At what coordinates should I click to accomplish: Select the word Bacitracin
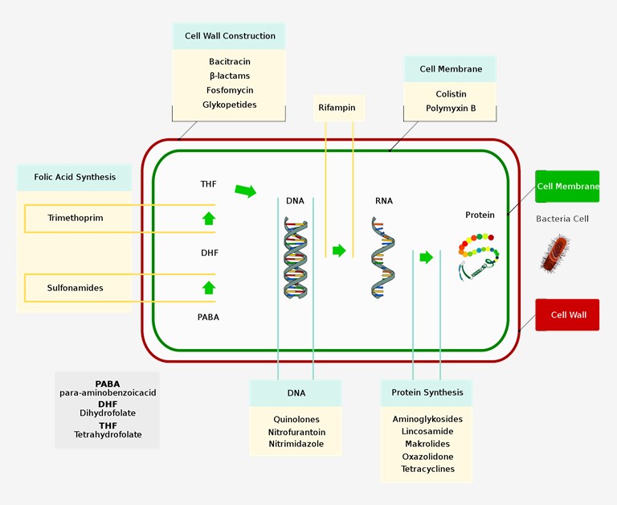(x=229, y=62)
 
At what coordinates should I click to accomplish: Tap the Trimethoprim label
(x=76, y=218)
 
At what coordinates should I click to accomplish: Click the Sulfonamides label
(x=76, y=288)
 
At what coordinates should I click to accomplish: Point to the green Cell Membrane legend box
(x=567, y=187)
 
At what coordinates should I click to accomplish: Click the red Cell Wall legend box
(x=567, y=315)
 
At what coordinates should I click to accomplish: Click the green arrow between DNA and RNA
(x=339, y=250)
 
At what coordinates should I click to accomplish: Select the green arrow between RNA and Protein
(x=427, y=257)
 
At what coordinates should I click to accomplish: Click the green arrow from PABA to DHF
(x=209, y=287)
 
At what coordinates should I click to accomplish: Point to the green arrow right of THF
(x=245, y=191)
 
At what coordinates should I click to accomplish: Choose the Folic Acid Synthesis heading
(x=75, y=177)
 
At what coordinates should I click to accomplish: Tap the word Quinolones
(x=296, y=419)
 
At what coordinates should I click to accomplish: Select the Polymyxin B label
(x=451, y=108)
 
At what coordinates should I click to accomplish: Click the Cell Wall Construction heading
(x=230, y=36)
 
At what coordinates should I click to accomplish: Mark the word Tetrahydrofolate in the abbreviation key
(x=108, y=434)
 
